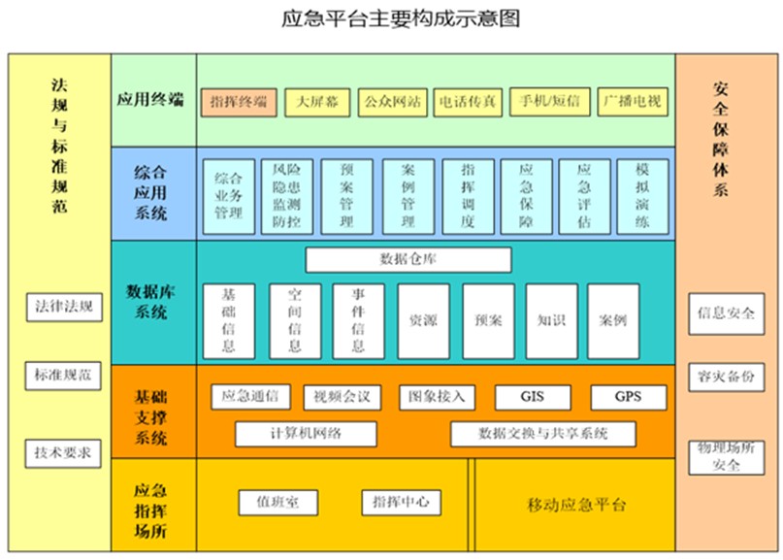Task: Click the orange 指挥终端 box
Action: tap(239, 101)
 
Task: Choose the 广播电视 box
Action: tap(632, 101)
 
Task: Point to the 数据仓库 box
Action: tap(408, 259)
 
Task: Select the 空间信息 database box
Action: tap(294, 320)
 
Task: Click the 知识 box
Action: tap(551, 320)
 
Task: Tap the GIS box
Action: tap(532, 397)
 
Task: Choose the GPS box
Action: tap(629, 397)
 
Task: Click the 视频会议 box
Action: tap(342, 397)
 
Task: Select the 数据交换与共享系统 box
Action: tap(542, 434)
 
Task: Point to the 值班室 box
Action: tap(278, 502)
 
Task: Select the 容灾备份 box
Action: tap(726, 376)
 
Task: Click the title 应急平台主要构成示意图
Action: tap(393, 19)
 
